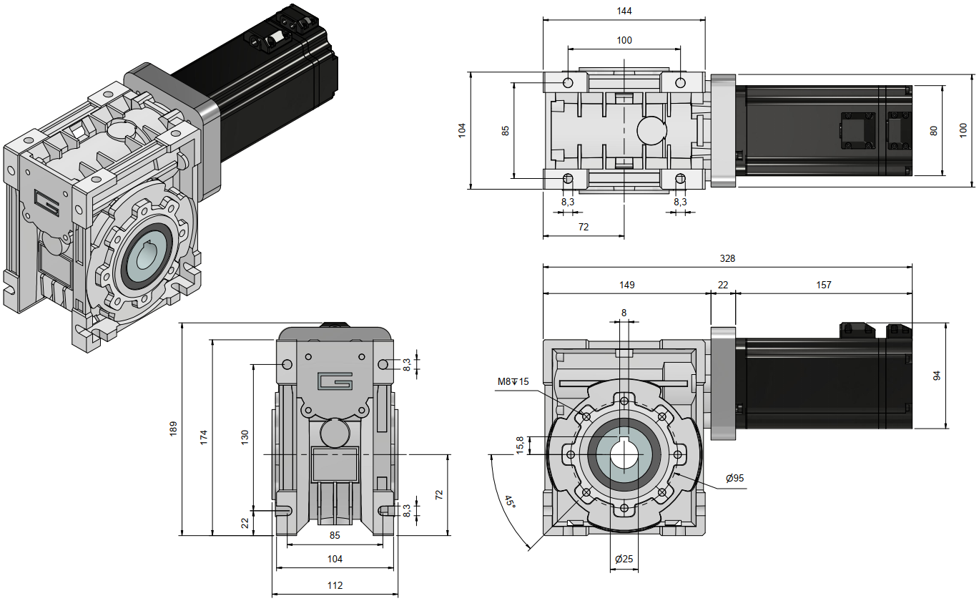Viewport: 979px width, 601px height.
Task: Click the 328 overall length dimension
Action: (x=728, y=258)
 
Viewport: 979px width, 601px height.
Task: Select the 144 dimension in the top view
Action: (x=624, y=11)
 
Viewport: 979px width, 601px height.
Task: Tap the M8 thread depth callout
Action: (x=513, y=381)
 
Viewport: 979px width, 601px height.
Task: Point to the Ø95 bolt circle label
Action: (x=735, y=478)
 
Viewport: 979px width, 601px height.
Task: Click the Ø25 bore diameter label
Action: (x=624, y=559)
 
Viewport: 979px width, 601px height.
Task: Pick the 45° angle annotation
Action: (x=510, y=502)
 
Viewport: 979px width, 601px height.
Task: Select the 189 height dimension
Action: (x=173, y=429)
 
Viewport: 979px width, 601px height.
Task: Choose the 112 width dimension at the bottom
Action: (x=335, y=585)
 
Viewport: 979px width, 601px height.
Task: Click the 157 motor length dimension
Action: (x=824, y=285)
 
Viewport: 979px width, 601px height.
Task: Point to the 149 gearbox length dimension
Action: (x=626, y=285)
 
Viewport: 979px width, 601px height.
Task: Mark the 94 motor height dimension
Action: (x=958, y=376)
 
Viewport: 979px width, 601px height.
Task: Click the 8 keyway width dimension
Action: (x=624, y=313)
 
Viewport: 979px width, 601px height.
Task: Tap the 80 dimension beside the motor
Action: (x=933, y=131)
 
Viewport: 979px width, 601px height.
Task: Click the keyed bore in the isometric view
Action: (x=147, y=253)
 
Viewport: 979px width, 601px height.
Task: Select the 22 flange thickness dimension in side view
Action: (x=723, y=285)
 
